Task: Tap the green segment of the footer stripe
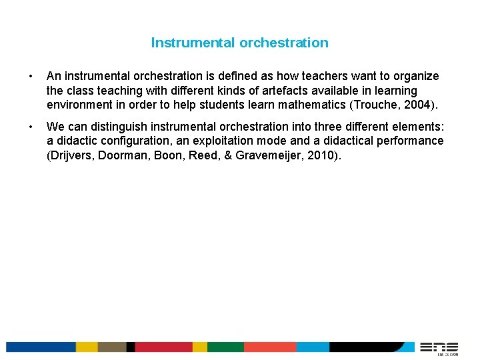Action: coord(225,347)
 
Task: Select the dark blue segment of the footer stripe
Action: coord(40,347)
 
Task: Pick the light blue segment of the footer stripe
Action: coord(312,347)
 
